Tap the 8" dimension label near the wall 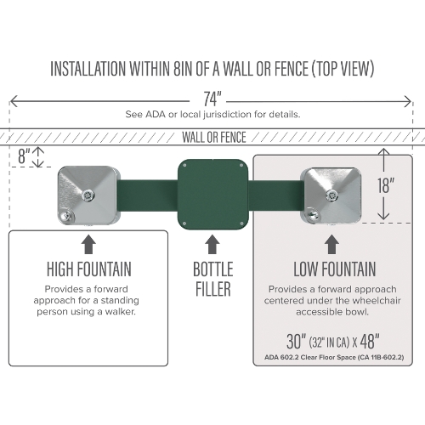click(x=24, y=156)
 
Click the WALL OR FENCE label click(x=214, y=138)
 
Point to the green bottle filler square click(x=213, y=195)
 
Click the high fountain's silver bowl click(x=88, y=195)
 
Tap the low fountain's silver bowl click(x=331, y=195)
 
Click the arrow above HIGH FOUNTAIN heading click(x=88, y=244)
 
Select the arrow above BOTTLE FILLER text click(x=212, y=244)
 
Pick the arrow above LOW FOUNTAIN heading click(x=331, y=244)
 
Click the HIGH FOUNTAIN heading click(x=89, y=269)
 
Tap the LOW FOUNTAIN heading click(x=334, y=269)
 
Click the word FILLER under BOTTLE click(x=213, y=289)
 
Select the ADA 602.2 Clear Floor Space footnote click(x=334, y=357)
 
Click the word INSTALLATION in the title click(x=88, y=69)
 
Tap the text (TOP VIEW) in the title click(x=343, y=69)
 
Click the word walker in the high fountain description click(x=120, y=312)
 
